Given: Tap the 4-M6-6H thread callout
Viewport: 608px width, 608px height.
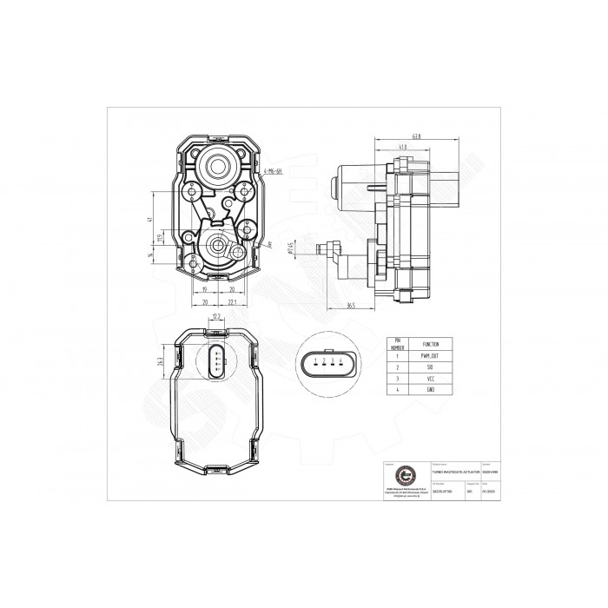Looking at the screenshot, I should coord(277,173).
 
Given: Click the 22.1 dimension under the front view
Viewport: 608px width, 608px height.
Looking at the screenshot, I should coord(234,303).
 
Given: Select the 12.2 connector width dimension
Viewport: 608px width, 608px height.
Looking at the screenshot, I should coord(216,318).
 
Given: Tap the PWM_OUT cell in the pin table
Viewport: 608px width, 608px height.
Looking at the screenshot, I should coord(419,355).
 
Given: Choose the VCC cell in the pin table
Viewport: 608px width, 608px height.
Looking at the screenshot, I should coord(419,380).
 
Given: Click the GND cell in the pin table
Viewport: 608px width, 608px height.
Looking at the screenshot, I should coord(419,392).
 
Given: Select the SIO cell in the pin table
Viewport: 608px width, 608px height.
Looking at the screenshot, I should coord(419,367).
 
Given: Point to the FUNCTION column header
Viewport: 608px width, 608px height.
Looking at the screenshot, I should coord(419,343).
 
